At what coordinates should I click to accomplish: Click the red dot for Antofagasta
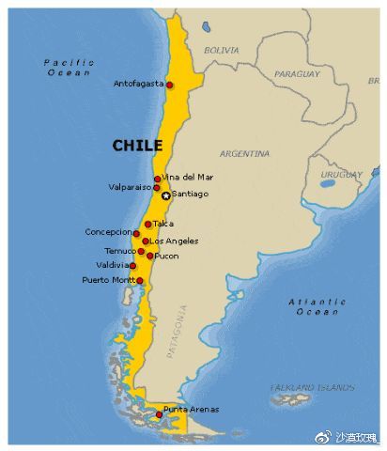tap(169, 85)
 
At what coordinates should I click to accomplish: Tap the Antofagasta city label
tap(138, 84)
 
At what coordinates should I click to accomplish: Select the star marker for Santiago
tap(166, 195)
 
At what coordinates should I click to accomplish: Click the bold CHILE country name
tap(137, 146)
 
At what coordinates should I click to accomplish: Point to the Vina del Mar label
tap(188, 177)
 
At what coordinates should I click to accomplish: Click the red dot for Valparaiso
tap(157, 188)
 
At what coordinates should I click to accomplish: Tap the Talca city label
tap(163, 224)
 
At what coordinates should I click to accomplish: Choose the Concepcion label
tap(109, 231)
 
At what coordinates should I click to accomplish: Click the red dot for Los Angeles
tap(146, 241)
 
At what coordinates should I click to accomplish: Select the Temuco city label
tap(120, 251)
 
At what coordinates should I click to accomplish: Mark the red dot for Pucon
tap(150, 256)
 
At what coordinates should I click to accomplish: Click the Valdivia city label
tap(116, 265)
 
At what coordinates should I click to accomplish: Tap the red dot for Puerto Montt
tap(140, 280)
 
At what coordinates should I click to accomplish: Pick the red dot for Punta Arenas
tap(158, 414)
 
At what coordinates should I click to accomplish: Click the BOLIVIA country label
tap(221, 49)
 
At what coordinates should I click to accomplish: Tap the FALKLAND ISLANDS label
tap(313, 387)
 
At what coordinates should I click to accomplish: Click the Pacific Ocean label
tap(69, 67)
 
